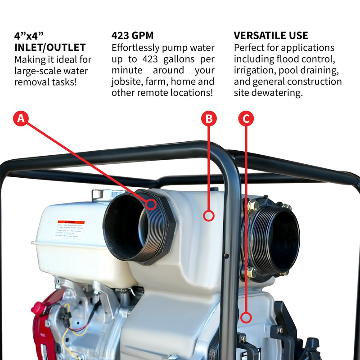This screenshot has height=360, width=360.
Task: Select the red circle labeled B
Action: click(208, 119)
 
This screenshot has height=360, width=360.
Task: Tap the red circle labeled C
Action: click(246, 119)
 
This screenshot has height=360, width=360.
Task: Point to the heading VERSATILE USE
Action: click(271, 36)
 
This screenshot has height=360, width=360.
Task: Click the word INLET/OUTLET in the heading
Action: click(50, 47)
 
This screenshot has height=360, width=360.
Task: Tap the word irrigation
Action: click(255, 70)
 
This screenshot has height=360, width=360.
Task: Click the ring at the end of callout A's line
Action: click(151, 204)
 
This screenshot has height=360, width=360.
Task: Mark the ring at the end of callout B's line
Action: click(208, 216)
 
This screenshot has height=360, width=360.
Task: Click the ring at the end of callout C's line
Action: click(246, 318)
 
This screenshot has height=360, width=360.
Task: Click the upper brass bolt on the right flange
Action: click(253, 206)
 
